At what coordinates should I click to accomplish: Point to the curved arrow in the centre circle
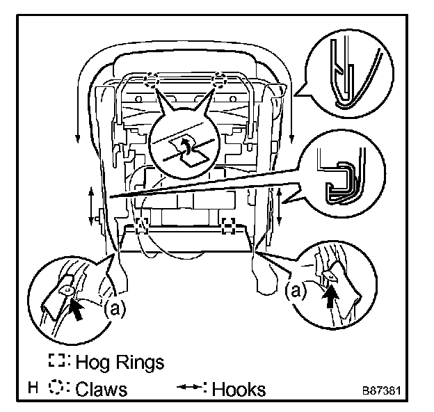pyautogui.click(x=186, y=144)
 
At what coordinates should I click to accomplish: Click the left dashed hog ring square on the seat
pyautogui.click(x=142, y=225)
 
